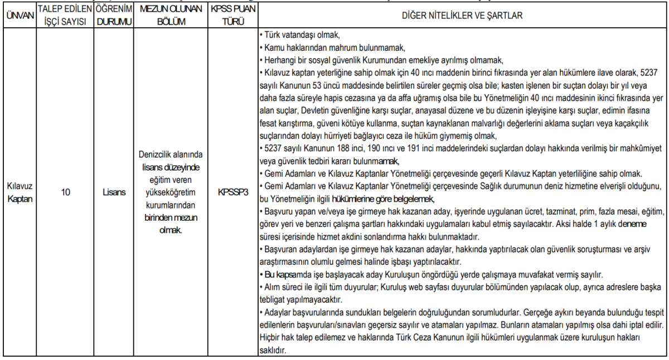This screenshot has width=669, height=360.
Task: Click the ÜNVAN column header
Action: pos(18,15)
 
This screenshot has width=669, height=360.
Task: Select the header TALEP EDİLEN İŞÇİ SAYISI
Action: pos(65,15)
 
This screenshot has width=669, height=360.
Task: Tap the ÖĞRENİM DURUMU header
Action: pos(114,15)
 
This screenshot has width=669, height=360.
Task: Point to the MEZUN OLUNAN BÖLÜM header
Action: pos(171,15)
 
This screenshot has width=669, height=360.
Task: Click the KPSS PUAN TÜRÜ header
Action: pos(232,15)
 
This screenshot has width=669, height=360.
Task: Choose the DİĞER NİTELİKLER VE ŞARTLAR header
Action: pos(462,15)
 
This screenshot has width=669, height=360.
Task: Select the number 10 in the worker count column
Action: pos(65,192)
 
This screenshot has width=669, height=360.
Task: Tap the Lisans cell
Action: pos(114,192)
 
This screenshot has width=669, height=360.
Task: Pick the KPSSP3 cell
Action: pos(232,192)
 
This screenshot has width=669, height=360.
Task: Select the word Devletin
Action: pos(307,111)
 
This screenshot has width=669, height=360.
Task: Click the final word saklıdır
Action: pos(273,351)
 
